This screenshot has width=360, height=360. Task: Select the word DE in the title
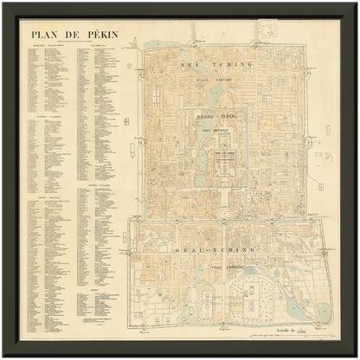pos(72,35)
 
